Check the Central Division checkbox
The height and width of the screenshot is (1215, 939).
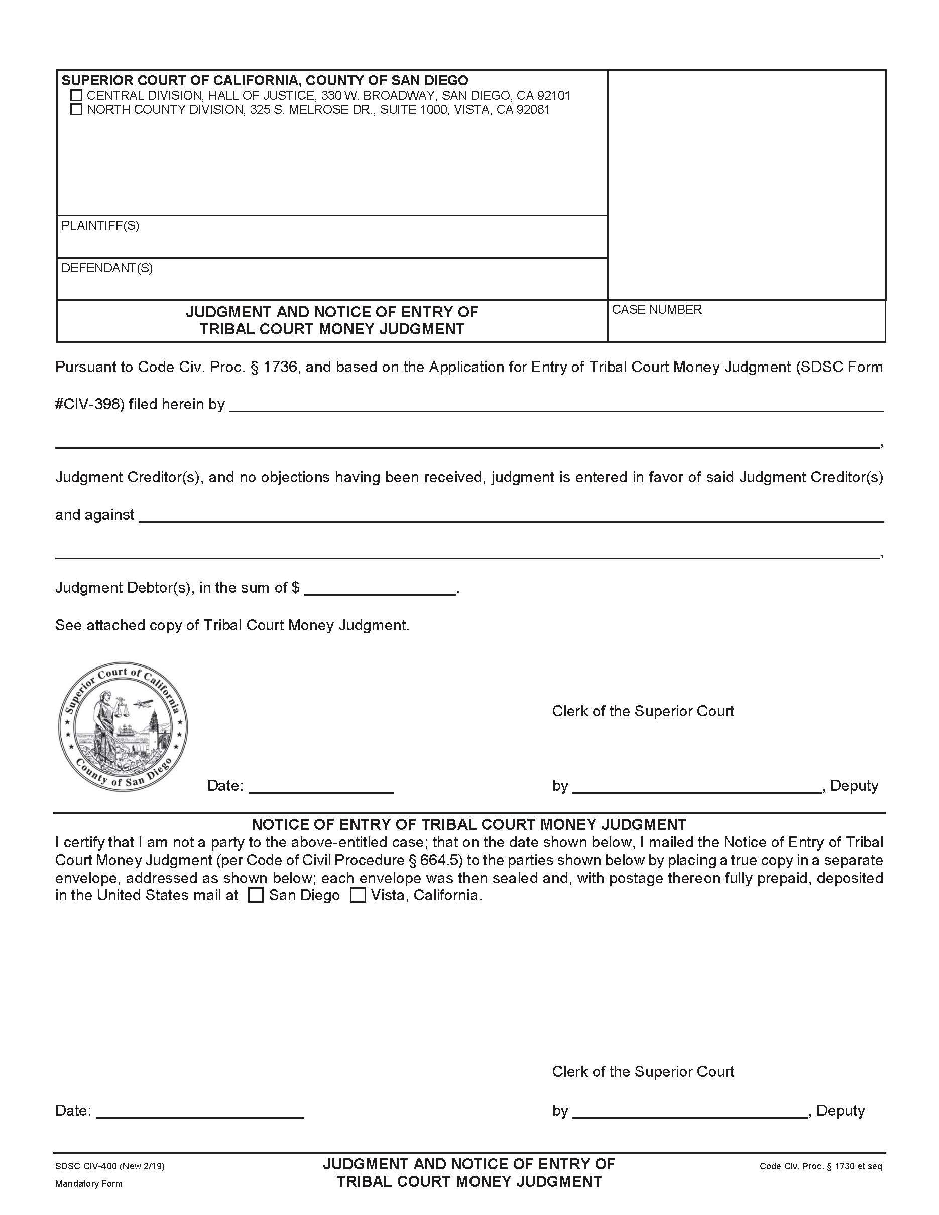[76, 96]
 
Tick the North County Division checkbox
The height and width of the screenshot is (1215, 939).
[76, 109]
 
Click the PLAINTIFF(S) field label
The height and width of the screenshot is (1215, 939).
[100, 226]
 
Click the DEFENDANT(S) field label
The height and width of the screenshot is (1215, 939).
[107, 268]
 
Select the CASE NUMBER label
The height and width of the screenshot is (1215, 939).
[656, 309]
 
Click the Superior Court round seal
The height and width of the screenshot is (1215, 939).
[123, 726]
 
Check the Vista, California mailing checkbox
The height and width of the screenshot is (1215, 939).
[358, 896]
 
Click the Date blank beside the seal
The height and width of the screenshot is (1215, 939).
[321, 786]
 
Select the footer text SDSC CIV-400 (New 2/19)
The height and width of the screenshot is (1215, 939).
[109, 1166]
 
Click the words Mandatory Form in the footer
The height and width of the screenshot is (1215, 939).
[88, 1184]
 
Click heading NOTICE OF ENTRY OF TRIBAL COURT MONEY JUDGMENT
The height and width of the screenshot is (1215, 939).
[469, 824]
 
